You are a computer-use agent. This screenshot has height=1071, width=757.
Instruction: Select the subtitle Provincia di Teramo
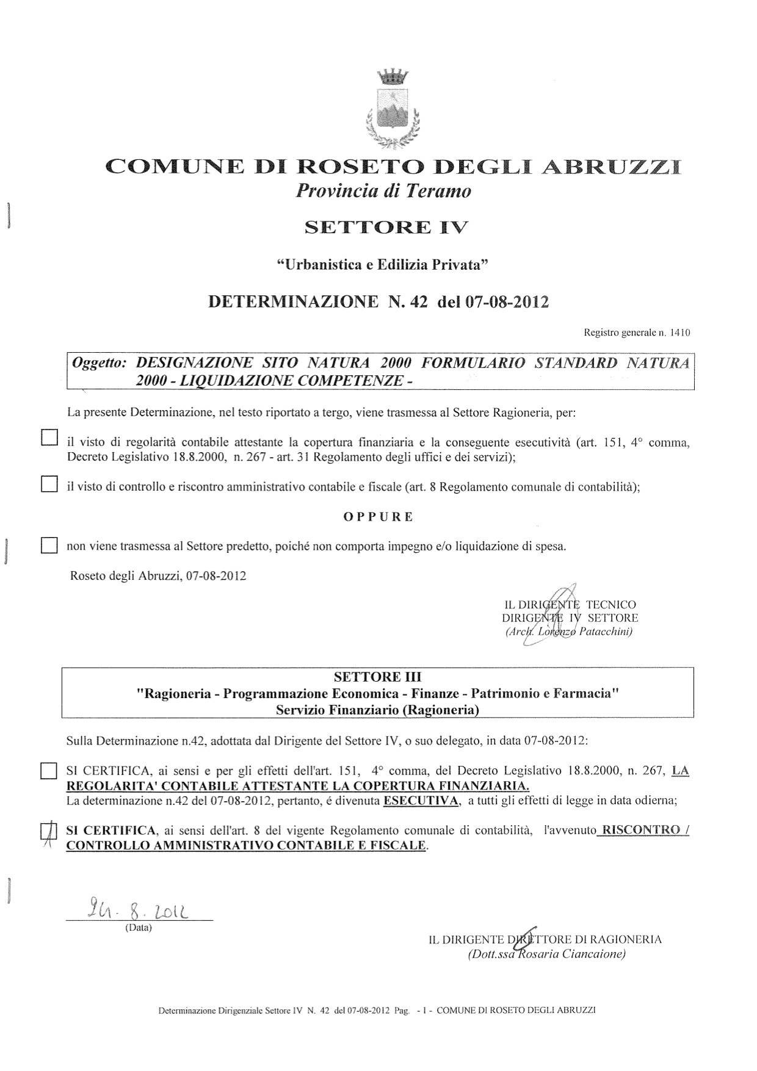pos(383,192)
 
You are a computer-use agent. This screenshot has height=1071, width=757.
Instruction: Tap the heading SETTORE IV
pos(386,228)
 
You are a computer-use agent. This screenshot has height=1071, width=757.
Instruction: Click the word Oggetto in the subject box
pos(98,363)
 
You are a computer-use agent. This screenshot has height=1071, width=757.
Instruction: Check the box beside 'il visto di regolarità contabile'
pos(48,438)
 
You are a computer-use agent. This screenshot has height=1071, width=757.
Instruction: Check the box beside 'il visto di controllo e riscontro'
pos(48,485)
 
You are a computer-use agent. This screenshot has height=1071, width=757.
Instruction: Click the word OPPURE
pos(378,517)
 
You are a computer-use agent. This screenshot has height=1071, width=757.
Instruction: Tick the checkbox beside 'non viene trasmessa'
pos(48,545)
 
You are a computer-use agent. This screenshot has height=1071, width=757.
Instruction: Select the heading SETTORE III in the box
pos(377,677)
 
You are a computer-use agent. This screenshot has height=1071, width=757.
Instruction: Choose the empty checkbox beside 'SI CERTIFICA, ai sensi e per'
pos(48,771)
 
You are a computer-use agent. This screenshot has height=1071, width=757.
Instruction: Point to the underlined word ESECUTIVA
pos(421,801)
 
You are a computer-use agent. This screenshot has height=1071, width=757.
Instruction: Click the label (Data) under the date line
pos(138,928)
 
